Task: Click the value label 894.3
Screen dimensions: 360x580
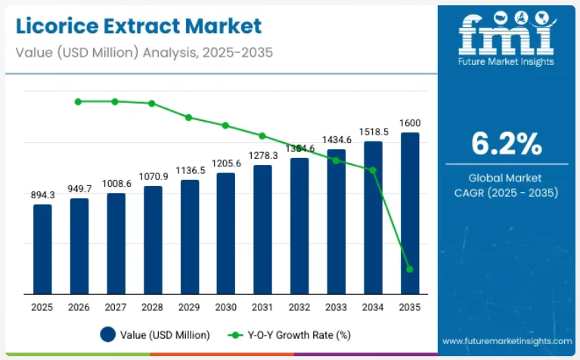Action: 42,195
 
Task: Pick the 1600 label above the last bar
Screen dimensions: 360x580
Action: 410,123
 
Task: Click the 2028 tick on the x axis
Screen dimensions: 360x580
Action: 153,307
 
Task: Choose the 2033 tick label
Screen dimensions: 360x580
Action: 337,307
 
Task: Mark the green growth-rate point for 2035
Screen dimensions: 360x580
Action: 410,269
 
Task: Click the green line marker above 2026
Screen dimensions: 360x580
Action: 79,101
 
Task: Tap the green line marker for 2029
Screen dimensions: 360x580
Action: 189,117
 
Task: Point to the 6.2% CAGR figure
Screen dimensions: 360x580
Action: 506,142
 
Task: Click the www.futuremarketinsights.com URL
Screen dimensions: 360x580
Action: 507,341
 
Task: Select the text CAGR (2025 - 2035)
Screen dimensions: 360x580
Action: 506,193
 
